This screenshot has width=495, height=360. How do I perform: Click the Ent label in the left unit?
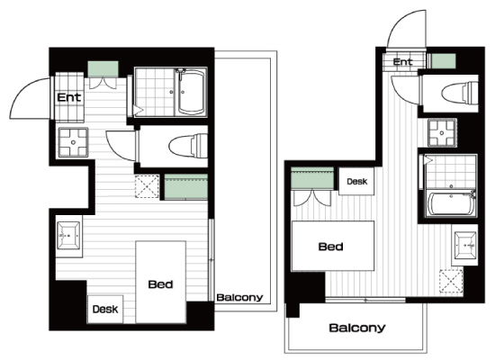(69, 97)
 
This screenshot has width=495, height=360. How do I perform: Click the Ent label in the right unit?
(403, 61)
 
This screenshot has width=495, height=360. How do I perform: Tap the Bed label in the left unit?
(161, 284)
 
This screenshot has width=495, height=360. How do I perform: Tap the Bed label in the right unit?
(330, 247)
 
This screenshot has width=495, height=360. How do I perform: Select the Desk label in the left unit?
(105, 309)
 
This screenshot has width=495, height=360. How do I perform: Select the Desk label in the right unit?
(357, 181)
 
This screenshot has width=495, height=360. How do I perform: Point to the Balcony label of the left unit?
(239, 298)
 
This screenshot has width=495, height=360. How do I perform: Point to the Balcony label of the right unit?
(357, 328)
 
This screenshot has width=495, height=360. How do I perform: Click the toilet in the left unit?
(188, 146)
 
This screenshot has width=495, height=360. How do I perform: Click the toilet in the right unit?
(460, 93)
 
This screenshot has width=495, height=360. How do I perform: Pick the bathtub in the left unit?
(191, 93)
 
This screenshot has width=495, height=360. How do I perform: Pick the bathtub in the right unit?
(451, 203)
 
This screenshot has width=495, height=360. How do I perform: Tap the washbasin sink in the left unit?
(68, 235)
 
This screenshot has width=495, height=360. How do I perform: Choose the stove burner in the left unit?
(73, 142)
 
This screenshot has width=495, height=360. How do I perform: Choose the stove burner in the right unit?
(443, 132)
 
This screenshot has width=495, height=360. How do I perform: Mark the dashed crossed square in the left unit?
(147, 186)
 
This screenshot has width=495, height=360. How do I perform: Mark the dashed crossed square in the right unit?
(452, 281)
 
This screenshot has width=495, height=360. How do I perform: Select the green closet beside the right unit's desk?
(312, 178)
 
